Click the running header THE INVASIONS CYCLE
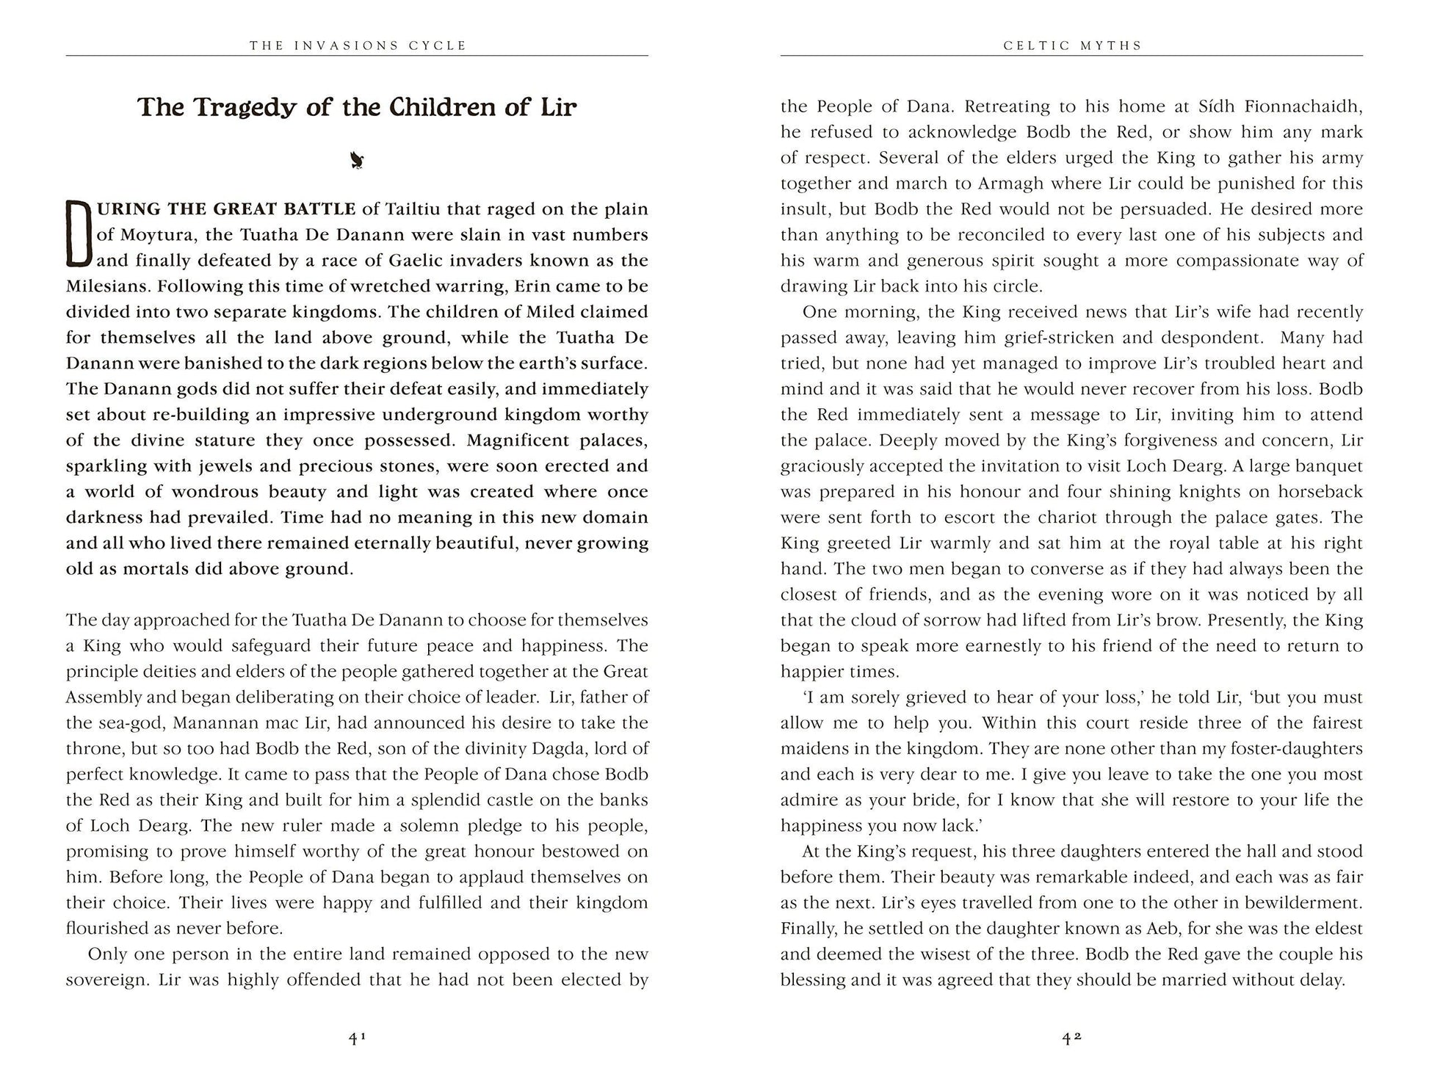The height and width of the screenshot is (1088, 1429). pyautogui.click(x=358, y=46)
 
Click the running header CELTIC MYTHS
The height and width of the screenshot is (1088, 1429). pyautogui.click(x=1072, y=46)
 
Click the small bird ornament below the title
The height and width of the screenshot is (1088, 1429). pyautogui.click(x=358, y=160)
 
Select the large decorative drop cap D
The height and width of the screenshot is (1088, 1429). pyautogui.click(x=78, y=234)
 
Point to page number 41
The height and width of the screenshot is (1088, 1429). pyautogui.click(x=357, y=1038)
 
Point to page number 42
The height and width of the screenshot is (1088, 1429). pyautogui.click(x=1072, y=1038)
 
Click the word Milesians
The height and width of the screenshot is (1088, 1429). pyautogui.click(x=108, y=286)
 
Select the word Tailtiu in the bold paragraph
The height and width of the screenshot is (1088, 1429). pyautogui.click(x=412, y=209)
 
